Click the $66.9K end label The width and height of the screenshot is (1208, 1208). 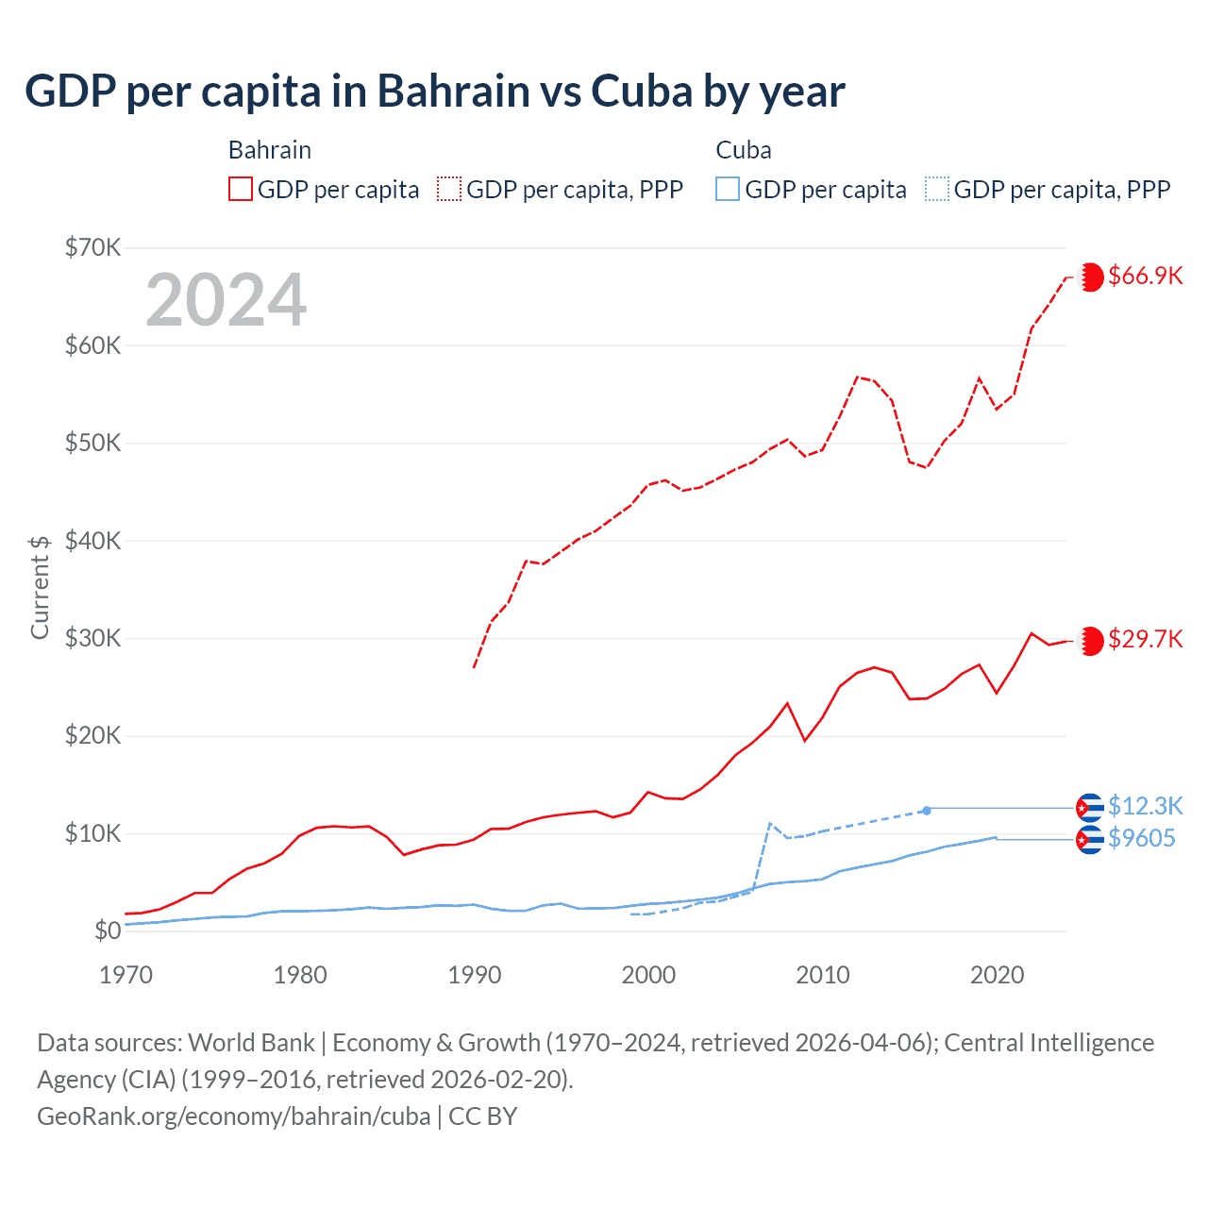point(1145,276)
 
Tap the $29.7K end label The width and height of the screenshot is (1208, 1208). point(1145,640)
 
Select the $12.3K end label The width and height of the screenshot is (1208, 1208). point(1145,806)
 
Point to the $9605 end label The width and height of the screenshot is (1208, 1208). point(1141,838)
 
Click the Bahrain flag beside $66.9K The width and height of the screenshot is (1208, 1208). point(1090,277)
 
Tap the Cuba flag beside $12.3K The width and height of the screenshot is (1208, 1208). point(1090,808)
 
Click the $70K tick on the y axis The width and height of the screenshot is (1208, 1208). point(93,248)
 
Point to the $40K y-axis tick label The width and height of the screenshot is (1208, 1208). point(93,541)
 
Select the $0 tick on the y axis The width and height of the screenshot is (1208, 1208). point(108,931)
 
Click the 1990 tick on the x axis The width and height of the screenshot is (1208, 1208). point(474,975)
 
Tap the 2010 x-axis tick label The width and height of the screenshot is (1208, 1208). point(822,975)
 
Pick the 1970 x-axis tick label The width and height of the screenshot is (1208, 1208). point(126,975)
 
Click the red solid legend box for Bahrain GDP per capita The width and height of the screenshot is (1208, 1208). point(241,189)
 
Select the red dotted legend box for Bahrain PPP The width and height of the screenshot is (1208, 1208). point(449,189)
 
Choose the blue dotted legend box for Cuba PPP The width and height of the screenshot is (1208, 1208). point(937,189)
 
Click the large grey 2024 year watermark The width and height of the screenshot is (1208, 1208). point(226,300)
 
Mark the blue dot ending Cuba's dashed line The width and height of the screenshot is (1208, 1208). point(927,810)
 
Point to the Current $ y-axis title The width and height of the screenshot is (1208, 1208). point(40,587)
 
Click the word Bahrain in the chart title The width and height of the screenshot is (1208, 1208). point(453,92)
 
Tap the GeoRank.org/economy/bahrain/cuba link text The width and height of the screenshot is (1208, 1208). point(233,1116)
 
